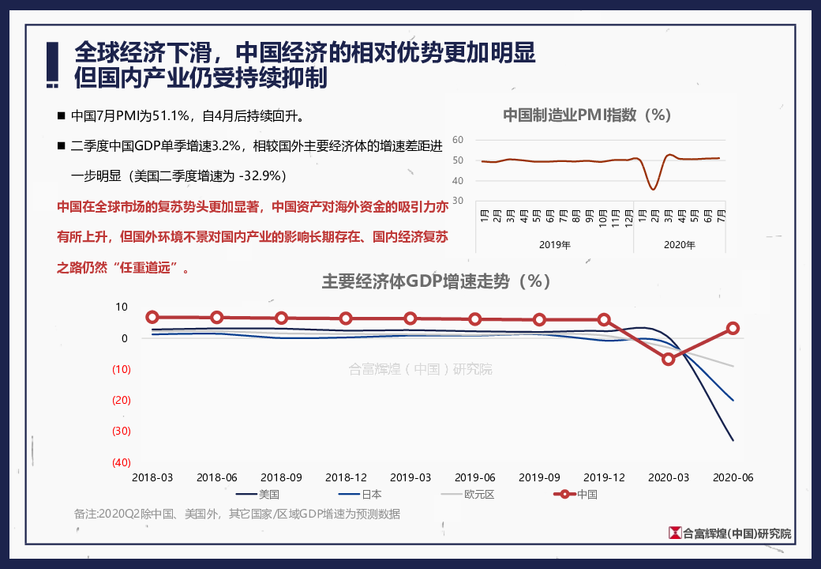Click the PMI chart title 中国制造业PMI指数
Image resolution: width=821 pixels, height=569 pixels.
click(x=587, y=115)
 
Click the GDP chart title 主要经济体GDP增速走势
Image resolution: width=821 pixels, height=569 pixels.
click(x=436, y=281)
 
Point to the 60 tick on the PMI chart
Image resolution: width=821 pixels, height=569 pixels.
click(x=456, y=141)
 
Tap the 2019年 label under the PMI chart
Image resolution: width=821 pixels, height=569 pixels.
click(x=554, y=245)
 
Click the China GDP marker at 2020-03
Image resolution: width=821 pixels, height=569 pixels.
click(x=669, y=359)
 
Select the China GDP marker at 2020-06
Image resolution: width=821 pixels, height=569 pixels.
click(x=733, y=328)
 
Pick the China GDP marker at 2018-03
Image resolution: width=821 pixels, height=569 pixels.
click(x=152, y=317)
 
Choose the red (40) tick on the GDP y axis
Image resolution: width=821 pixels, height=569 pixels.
click(x=122, y=462)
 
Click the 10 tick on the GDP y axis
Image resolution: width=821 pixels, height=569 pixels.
click(x=122, y=307)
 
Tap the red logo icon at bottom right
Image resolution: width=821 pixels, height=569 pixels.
click(x=675, y=533)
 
